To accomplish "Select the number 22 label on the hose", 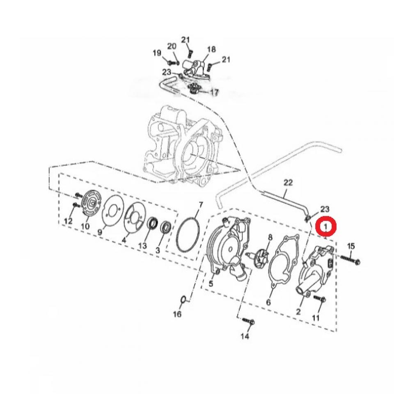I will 287,181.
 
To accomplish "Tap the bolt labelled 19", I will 171,62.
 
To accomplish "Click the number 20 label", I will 172,46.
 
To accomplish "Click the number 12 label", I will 69,221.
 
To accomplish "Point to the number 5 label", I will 212,283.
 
